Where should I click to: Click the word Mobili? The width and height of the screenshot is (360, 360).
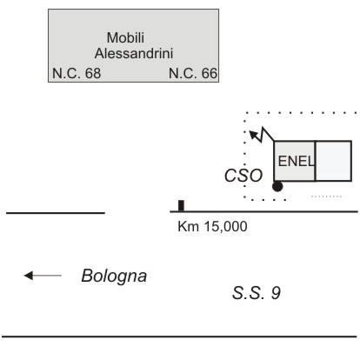pyautogui.click(x=125, y=37)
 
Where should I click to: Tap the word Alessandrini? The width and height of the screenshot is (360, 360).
pyautogui.click(x=134, y=53)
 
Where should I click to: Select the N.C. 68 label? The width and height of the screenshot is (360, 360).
pyautogui.click(x=77, y=73)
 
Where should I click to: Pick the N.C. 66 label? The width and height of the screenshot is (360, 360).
pyautogui.click(x=193, y=73)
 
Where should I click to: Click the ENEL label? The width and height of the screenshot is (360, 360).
pyautogui.click(x=296, y=161)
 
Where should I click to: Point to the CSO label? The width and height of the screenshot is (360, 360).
pyautogui.click(x=243, y=176)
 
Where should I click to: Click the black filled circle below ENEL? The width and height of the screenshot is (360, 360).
pyautogui.click(x=277, y=186)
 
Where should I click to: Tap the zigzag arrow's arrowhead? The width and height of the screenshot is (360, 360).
pyautogui.click(x=254, y=135)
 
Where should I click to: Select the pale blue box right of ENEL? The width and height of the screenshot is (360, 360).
pyautogui.click(x=333, y=161)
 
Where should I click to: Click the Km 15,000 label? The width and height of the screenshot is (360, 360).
pyautogui.click(x=212, y=226)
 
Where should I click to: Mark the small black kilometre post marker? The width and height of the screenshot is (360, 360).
pyautogui.click(x=181, y=205)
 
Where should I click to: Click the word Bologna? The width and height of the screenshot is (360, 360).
pyautogui.click(x=114, y=277)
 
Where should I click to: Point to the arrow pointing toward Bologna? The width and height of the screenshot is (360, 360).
pyautogui.click(x=43, y=276)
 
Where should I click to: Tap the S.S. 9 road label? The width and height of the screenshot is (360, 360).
pyautogui.click(x=257, y=293)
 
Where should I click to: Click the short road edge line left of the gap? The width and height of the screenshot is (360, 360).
pyautogui.click(x=56, y=213)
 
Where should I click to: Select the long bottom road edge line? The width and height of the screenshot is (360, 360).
pyautogui.click(x=179, y=337)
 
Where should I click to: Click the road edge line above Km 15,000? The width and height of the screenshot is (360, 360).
pyautogui.click(x=263, y=211)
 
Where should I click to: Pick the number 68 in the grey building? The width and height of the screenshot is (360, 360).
pyautogui.click(x=93, y=73)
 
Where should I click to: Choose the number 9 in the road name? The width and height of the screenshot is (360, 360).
pyautogui.click(x=276, y=293)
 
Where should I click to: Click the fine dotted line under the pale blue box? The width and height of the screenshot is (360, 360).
pyautogui.click(x=326, y=197)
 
